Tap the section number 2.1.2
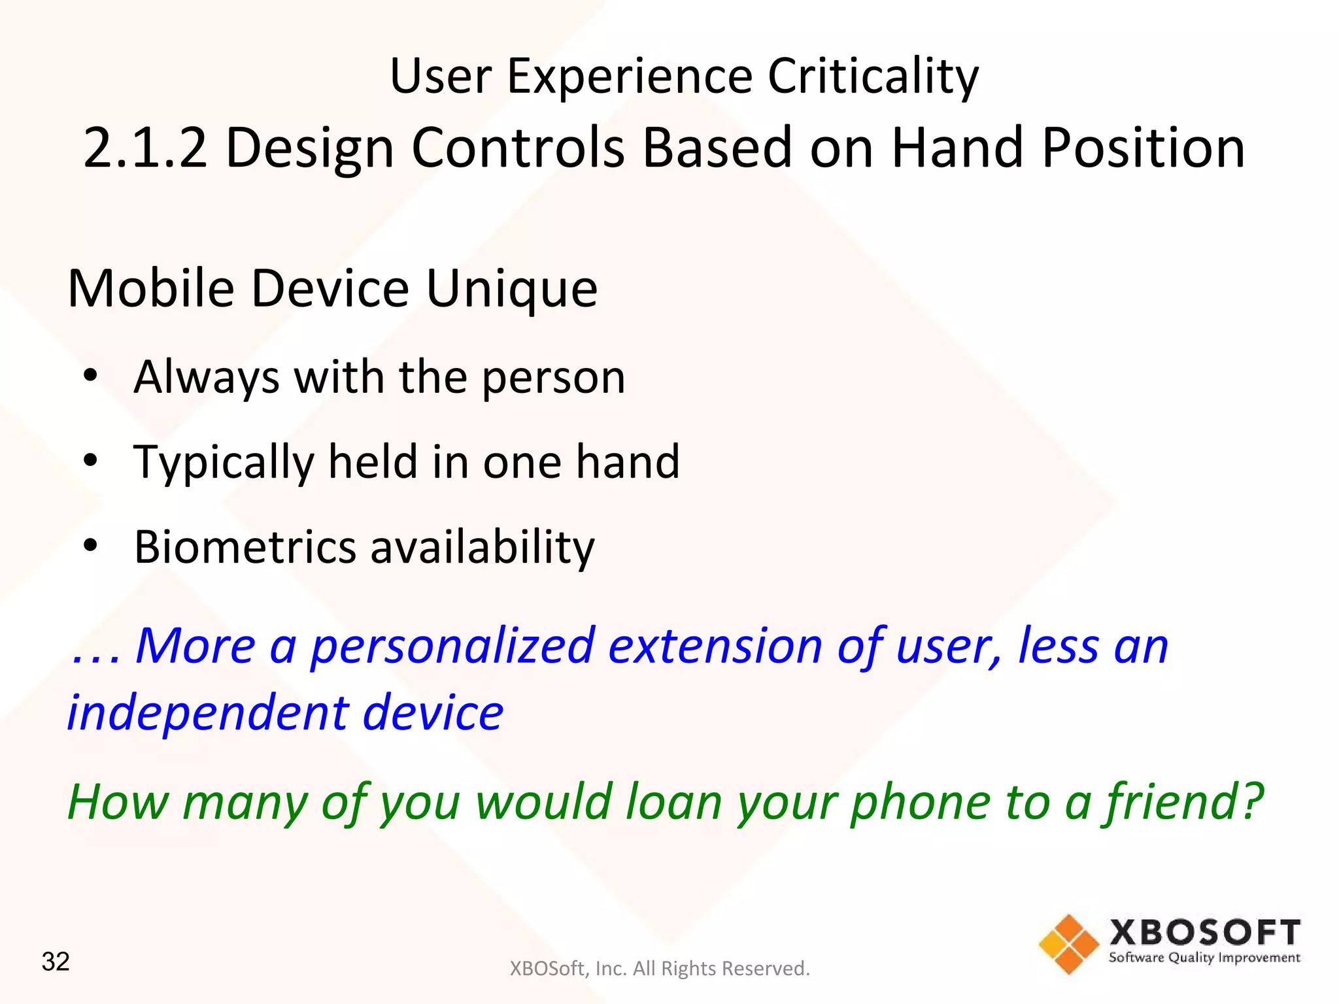pos(145,149)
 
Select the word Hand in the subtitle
pos(957,149)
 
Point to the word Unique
pos(511,289)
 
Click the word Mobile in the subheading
pos(151,289)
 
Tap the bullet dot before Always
pos(90,376)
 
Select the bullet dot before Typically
pos(90,460)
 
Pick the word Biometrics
pos(245,547)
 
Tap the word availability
pos(483,547)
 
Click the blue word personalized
pos(452,647)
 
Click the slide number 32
pos(56,962)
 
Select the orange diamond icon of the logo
pos(1069,944)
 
